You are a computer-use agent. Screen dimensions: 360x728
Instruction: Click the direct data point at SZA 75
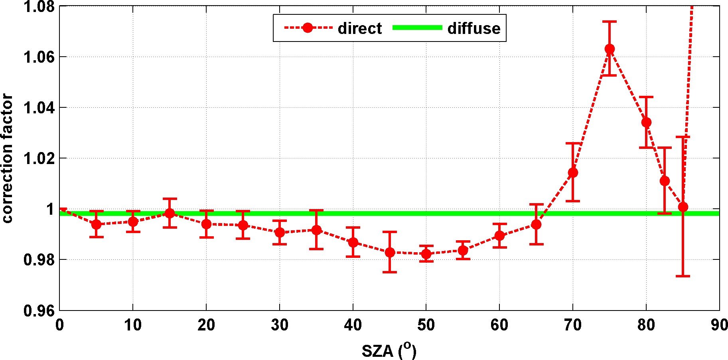(610, 49)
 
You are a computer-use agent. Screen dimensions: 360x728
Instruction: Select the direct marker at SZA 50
(426, 254)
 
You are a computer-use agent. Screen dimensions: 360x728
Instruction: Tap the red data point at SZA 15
(170, 213)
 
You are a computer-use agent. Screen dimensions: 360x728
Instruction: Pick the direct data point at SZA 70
(573, 172)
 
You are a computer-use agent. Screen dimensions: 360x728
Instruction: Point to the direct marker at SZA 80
(646, 122)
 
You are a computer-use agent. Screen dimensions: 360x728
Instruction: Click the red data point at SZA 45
(390, 252)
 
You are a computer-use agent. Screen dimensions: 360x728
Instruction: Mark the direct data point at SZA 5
(96, 224)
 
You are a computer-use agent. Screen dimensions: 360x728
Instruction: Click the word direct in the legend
(359, 28)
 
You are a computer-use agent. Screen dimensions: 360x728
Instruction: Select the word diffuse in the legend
(474, 28)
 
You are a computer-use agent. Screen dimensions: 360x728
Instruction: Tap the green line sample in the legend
(417, 28)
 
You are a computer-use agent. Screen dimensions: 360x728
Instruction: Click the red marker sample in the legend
(308, 28)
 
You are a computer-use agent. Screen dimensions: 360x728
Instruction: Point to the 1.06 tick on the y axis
(39, 57)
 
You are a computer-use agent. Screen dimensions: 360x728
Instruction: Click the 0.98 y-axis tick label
(39, 260)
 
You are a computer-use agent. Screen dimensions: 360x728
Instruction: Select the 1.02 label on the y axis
(39, 158)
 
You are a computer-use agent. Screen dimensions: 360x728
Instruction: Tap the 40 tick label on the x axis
(353, 325)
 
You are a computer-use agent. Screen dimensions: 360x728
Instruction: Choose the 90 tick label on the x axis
(719, 325)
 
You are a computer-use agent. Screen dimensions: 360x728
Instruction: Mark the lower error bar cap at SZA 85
(683, 276)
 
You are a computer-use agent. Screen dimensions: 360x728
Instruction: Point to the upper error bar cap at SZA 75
(610, 22)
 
